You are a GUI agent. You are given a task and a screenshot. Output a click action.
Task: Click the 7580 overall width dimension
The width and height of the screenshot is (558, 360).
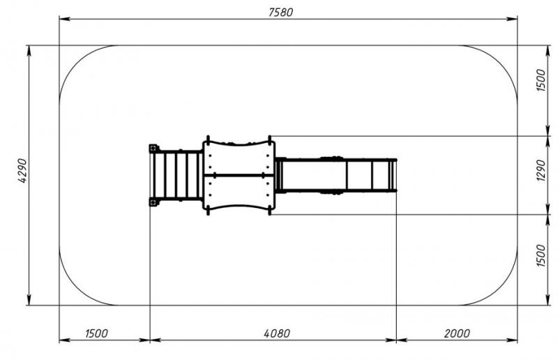[x=280, y=12]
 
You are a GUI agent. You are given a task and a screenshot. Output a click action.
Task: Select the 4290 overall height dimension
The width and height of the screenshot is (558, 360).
[x=22, y=171]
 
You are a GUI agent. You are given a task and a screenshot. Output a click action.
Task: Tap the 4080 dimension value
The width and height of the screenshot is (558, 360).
[x=277, y=333]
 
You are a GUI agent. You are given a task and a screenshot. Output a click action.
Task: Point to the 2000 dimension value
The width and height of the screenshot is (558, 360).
[x=457, y=333]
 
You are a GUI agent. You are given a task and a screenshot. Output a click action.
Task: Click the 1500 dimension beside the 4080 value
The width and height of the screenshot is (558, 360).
[x=96, y=333]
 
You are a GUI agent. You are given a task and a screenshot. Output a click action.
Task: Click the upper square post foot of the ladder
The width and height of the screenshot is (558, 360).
[x=153, y=148]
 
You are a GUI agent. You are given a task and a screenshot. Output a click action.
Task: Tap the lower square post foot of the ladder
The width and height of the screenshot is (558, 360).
[x=153, y=202]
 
